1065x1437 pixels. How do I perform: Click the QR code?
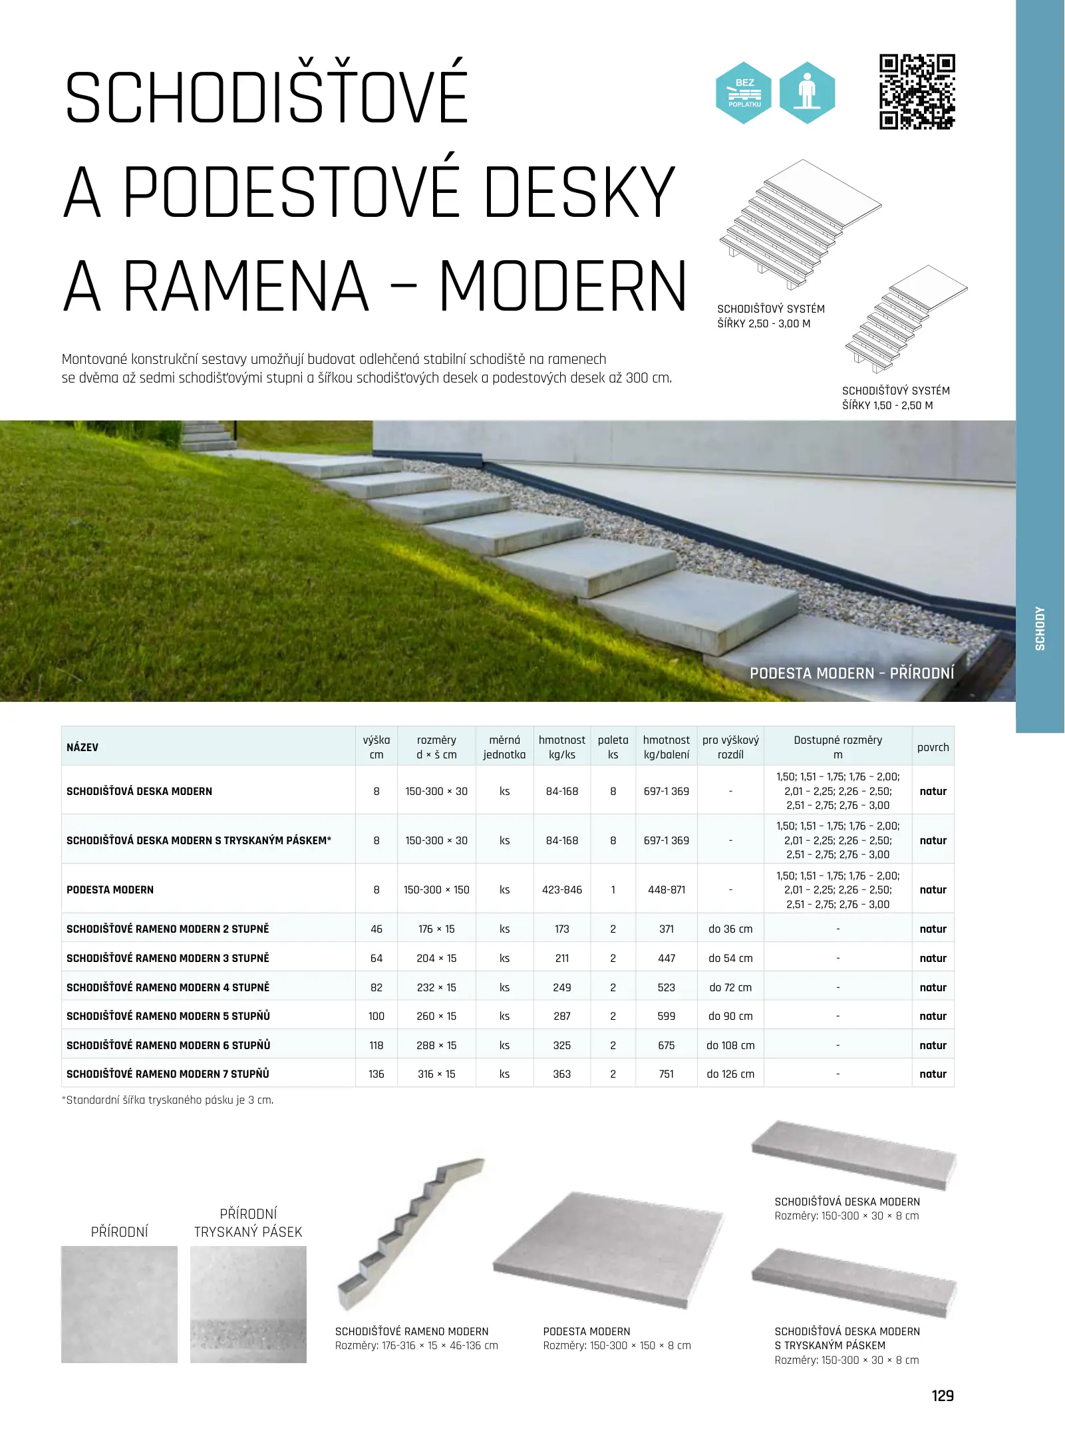[x=917, y=92]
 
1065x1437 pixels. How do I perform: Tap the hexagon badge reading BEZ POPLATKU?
[x=743, y=93]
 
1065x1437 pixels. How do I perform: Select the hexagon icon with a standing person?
[x=807, y=93]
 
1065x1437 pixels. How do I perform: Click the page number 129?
[x=943, y=1396]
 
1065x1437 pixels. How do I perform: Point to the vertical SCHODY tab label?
[x=1040, y=628]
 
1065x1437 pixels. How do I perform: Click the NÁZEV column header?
[x=82, y=747]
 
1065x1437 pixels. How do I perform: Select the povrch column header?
[x=933, y=747]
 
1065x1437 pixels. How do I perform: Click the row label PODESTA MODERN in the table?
[x=110, y=889]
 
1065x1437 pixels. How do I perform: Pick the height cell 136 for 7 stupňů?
[x=377, y=1074]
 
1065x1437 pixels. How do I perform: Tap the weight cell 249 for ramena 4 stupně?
[x=562, y=987]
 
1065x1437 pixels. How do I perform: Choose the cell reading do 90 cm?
[x=730, y=1016]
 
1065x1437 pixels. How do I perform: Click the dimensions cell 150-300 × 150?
[x=436, y=889]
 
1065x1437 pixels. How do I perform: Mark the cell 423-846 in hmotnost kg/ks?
[x=562, y=889]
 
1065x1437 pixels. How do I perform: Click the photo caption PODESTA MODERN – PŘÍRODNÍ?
[x=851, y=673]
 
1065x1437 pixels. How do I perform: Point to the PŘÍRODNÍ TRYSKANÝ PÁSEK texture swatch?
[x=248, y=1304]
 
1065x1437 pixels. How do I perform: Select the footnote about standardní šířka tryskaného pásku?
[x=168, y=1100]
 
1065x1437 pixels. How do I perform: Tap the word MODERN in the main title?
[x=563, y=286]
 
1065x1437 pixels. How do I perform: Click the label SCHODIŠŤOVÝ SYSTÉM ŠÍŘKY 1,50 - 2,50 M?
[x=895, y=398]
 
